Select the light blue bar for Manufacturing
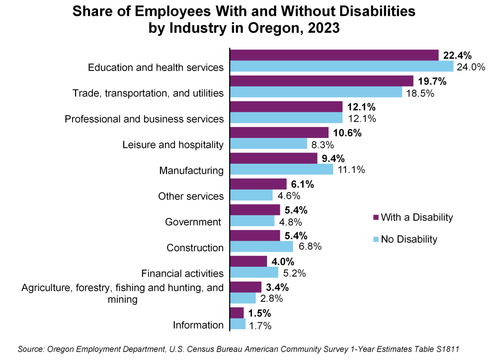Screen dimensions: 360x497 (282, 169)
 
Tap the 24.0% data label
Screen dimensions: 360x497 (471, 67)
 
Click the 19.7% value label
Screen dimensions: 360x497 (432, 81)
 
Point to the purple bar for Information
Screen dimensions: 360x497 (237, 313)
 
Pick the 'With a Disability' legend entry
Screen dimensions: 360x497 (413, 217)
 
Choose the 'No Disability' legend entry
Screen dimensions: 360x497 (405, 239)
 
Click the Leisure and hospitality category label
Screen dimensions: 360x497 (173, 144)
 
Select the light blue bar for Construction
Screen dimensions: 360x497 (261, 247)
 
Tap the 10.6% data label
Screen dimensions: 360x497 (347, 133)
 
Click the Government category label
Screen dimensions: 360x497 (193, 221)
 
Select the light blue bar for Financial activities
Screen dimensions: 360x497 (254, 273)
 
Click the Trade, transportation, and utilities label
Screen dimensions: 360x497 (148, 93)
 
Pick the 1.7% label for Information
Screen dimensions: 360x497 (261, 325)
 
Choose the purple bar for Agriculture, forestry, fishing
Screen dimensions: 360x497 (246, 287)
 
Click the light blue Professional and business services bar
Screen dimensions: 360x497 (286, 118)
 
